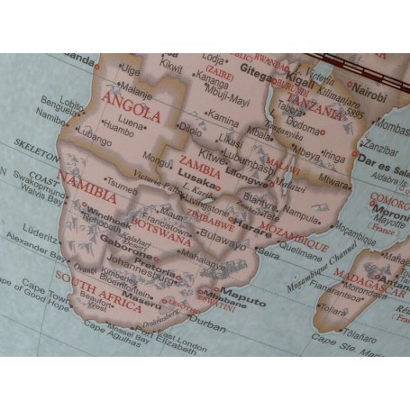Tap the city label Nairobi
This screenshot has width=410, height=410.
(369, 90)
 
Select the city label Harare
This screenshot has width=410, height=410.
(253, 218)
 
